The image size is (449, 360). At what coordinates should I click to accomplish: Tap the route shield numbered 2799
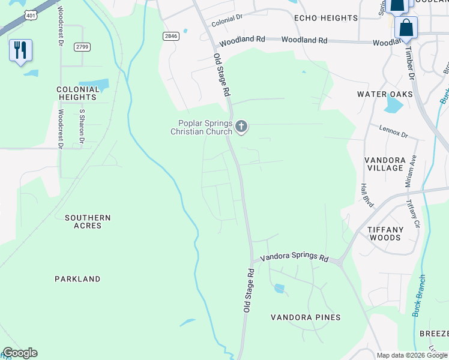82,47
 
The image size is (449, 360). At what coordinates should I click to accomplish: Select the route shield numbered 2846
171,36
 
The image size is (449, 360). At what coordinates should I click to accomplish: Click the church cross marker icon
241,126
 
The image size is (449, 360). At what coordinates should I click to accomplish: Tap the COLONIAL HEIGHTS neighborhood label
77,93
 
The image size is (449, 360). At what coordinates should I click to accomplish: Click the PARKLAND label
77,279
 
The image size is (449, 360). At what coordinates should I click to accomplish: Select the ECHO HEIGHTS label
326,18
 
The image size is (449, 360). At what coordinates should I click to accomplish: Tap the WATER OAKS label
385,94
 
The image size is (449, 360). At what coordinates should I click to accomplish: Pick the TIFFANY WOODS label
385,233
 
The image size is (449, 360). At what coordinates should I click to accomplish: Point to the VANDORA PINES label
306,317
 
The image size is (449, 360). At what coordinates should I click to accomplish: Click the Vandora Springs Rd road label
294,259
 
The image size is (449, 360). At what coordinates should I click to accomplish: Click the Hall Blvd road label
367,196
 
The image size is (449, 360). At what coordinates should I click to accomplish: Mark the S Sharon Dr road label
82,127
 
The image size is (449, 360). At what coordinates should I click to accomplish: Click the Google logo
20,353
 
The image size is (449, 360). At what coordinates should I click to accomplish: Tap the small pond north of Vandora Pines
279,289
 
